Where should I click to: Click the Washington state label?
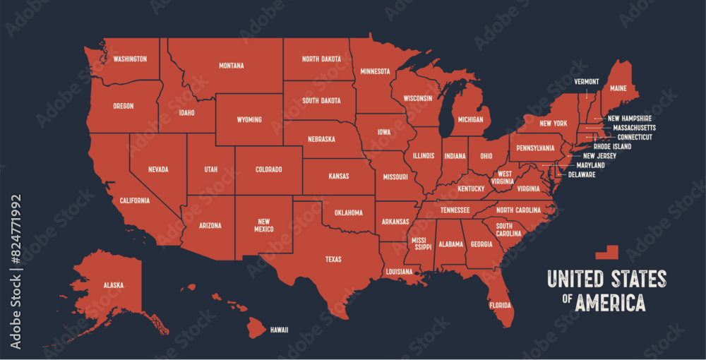coord(130,59)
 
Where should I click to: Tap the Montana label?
coord(231,66)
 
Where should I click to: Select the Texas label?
coord(333,259)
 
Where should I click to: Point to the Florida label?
coord(500,306)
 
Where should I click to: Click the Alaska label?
coord(113,285)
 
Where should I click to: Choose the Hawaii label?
coord(279,329)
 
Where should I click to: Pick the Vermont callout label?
coord(586,81)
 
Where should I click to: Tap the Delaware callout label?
coord(581,174)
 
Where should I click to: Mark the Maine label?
coord(618,89)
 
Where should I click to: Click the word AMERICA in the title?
coord(610,303)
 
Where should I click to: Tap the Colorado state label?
coord(268,169)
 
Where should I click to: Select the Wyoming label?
coord(249,119)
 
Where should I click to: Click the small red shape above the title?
coord(607,251)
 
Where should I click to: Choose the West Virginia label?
coord(505,177)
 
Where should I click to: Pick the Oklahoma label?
coord(348,212)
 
